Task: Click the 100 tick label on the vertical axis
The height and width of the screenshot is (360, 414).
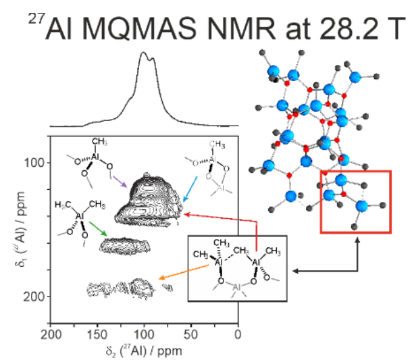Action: pyautogui.click(x=36, y=163)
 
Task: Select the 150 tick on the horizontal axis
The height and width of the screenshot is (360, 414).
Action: pyautogui.click(x=97, y=335)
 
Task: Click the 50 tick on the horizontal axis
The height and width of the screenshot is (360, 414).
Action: pyautogui.click(x=191, y=335)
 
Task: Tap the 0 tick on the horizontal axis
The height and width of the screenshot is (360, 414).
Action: pyautogui.click(x=237, y=335)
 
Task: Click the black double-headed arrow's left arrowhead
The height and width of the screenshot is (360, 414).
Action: pyautogui.click(x=295, y=272)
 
